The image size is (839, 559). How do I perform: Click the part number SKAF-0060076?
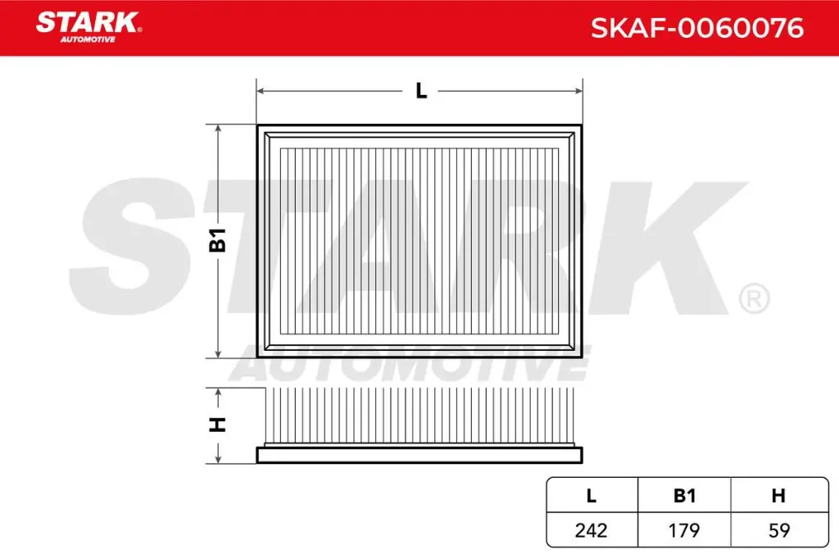pos(697,29)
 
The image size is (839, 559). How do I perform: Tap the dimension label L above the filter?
pos(421,91)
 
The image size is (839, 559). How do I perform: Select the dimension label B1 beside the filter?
pos(218,241)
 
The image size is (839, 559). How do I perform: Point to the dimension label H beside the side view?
pos(218,425)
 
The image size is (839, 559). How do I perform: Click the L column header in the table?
pos(591,495)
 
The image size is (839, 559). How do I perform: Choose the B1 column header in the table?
pos(684,495)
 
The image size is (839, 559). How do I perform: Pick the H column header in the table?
pos(779,495)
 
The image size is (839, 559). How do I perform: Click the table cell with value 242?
pos(591,530)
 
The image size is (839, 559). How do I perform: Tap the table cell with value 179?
pos(684,530)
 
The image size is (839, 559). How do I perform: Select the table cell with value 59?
pos(779,530)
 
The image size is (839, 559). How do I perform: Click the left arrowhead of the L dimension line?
pos(261,91)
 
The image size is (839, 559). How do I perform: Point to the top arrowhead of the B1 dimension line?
pos(218,130)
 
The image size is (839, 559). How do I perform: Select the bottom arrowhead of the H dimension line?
pos(218,458)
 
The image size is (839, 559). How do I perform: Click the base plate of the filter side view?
pos(419,455)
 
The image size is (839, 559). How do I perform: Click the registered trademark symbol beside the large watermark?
pos(754,299)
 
